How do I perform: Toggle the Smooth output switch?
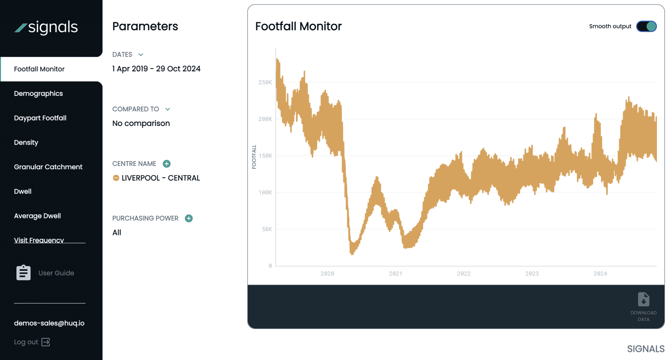point(646,26)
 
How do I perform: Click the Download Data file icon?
point(643,299)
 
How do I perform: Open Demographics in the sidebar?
point(38,93)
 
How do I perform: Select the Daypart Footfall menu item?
point(40,118)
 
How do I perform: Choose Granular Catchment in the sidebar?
point(48,167)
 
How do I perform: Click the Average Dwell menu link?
point(37,216)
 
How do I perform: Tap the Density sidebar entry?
point(26,142)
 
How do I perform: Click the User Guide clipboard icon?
point(24,273)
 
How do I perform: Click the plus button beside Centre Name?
point(167,164)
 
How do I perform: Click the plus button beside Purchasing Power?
point(189,218)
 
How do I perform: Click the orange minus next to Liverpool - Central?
point(116,178)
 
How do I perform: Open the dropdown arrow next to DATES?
point(141,55)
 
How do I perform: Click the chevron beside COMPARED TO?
point(168,109)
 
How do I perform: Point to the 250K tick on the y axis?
point(265,82)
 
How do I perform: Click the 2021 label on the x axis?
point(395,273)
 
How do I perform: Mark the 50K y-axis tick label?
point(267,229)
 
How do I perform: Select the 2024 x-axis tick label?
point(600,273)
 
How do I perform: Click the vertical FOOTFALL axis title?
point(254,157)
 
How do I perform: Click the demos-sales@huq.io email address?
point(49,323)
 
